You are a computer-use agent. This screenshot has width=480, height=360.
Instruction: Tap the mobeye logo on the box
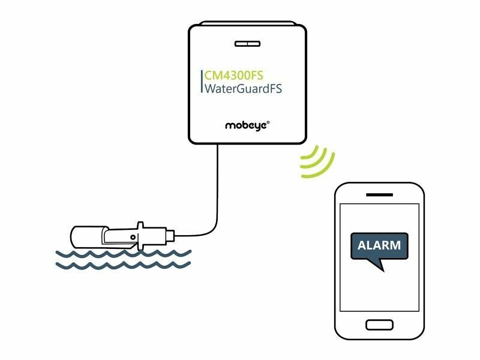[246, 125]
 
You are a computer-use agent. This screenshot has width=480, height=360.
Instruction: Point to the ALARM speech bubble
[379, 246]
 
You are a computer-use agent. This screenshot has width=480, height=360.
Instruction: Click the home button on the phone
[379, 325]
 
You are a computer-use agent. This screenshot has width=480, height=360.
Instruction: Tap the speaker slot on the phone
[379, 196]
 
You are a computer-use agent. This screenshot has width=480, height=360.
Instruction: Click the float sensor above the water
[120, 235]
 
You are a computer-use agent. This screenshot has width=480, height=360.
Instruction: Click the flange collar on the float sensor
[141, 235]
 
